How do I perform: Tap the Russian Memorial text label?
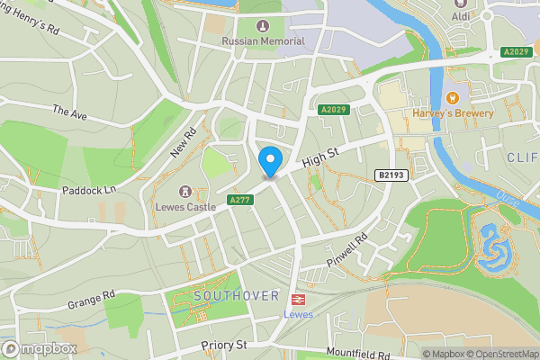pyautogui.click(x=263, y=41)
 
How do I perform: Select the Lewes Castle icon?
pyautogui.click(x=185, y=192)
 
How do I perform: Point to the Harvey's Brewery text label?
pyautogui.click(x=454, y=114)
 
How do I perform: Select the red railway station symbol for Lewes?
pyautogui.click(x=295, y=300)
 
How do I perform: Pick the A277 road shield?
pyautogui.click(x=238, y=200)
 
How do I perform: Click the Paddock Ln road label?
pyautogui.click(x=91, y=191)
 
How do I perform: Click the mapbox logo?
pyautogui.click(x=39, y=348)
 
